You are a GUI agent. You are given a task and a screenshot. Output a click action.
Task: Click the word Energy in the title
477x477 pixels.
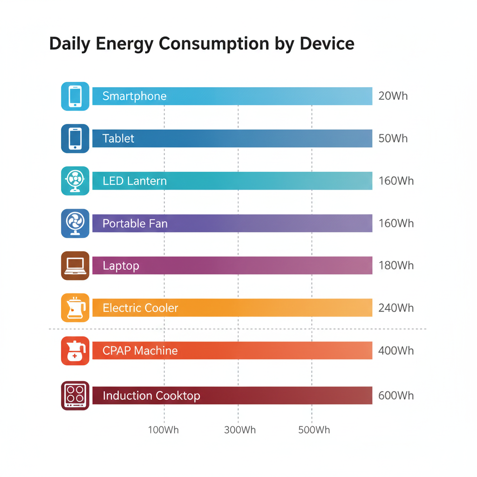125,44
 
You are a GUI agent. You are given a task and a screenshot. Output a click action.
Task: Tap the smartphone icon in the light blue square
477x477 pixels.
75,96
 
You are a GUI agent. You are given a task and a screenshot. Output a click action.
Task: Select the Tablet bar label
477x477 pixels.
118,138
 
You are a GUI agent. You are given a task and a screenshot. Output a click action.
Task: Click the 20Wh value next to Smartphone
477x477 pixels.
393,96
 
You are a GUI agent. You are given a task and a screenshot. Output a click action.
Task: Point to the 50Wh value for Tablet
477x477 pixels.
393,138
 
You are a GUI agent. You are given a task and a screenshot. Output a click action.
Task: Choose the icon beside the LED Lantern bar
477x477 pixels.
75,181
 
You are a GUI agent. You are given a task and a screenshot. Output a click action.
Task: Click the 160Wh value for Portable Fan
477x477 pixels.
396,224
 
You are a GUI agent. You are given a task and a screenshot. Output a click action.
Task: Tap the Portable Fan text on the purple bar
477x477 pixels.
135,224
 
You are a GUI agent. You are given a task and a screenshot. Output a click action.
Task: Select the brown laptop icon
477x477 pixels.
75,266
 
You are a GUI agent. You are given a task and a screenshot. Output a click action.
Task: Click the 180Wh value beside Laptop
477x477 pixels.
396,266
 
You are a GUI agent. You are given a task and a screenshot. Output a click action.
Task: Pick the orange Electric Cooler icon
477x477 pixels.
75,308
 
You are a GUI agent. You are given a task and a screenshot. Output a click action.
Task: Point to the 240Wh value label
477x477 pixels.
396,308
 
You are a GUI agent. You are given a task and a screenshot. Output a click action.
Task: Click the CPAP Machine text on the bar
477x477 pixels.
140,351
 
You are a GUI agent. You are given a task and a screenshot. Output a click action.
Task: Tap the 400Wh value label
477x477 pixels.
396,351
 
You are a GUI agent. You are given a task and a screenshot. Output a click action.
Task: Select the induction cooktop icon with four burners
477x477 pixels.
75,395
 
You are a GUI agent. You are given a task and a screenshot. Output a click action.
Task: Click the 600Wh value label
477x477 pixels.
396,395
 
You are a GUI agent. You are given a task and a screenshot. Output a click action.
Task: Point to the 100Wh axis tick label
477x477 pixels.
163,429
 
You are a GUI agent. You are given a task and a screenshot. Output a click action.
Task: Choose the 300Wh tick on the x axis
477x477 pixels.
239,429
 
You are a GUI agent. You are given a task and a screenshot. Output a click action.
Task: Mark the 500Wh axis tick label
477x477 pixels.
314,429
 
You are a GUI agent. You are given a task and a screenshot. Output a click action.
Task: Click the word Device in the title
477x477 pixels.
327,44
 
